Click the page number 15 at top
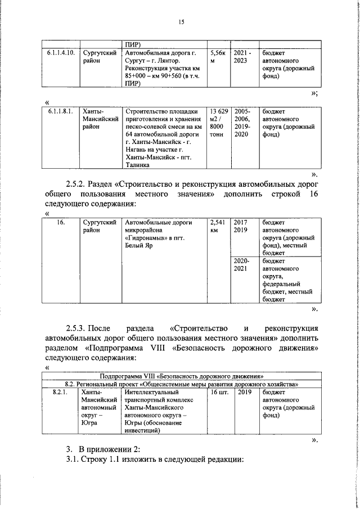(181, 22)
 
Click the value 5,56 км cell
(218, 56)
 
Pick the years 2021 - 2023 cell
(242, 56)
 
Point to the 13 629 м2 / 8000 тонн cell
(218, 123)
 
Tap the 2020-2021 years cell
(241, 265)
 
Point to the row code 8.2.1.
(59, 391)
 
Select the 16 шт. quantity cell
(218, 391)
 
